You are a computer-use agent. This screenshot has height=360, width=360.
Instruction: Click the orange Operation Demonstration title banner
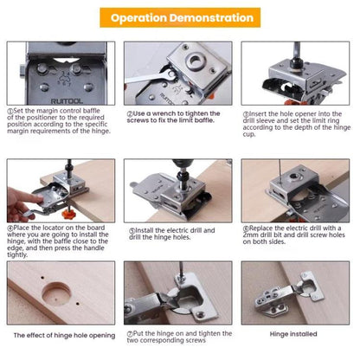[x=180, y=17]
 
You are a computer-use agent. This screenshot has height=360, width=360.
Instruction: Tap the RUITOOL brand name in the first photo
[x=67, y=101]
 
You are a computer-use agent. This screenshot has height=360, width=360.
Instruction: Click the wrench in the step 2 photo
[x=151, y=77]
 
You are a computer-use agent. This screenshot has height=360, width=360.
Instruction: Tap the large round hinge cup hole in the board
[x=56, y=293]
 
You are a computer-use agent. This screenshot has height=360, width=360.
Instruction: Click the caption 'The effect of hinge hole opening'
[x=64, y=336]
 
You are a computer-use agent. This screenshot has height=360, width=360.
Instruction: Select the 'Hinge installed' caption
[x=293, y=334]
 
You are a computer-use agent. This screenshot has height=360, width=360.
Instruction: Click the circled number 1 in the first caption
[x=10, y=111]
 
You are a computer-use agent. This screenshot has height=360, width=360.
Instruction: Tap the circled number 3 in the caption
[x=246, y=114]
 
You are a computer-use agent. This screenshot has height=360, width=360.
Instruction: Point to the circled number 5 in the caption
[x=132, y=231]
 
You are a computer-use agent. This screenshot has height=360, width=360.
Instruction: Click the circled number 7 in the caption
[x=130, y=334]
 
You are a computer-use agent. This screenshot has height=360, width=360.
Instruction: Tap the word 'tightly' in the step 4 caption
[x=17, y=254]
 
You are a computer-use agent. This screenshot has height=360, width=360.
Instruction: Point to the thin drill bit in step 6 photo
[x=280, y=170]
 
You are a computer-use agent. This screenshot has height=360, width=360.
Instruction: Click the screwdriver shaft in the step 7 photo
[x=181, y=269]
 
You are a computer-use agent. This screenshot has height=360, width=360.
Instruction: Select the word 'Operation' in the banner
[x=139, y=18]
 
